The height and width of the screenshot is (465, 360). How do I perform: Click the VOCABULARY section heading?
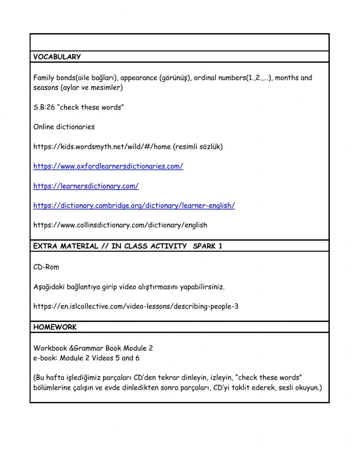57,57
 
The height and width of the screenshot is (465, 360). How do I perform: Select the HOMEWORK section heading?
55,327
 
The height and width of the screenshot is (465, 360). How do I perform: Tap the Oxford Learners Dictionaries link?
108,166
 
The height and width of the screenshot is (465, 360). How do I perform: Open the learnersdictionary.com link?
86,186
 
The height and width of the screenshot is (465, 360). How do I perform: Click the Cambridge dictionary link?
134,205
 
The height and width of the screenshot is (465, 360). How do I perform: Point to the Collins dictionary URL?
120,225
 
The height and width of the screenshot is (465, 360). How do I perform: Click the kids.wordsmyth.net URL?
102,147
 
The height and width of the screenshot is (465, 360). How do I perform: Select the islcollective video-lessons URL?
136,307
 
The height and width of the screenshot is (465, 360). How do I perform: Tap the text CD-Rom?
46,267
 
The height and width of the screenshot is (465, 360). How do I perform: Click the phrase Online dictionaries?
64,127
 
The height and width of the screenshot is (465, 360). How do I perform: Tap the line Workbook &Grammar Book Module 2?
93,348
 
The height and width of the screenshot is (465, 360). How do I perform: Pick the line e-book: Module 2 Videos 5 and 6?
86,358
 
